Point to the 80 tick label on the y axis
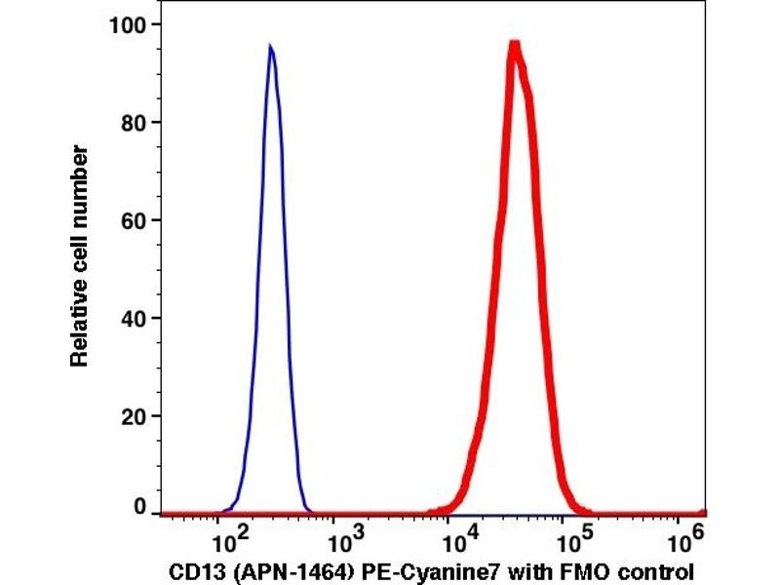[x=136, y=122]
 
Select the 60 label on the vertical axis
[x=136, y=220]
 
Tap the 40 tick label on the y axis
[x=136, y=319]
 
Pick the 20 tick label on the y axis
[x=136, y=416]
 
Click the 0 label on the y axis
[x=142, y=508]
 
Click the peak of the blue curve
[x=270, y=46]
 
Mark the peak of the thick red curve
[x=515, y=44]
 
